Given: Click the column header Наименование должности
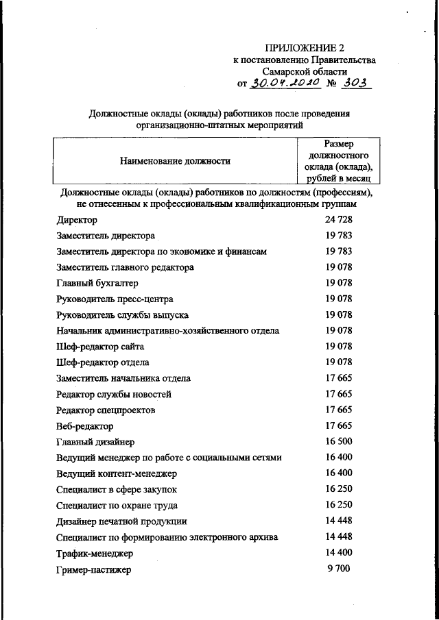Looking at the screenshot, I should pyautogui.click(x=174, y=161).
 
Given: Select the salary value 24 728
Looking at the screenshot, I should pyautogui.click(x=338, y=219).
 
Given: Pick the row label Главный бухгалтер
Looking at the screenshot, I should pyautogui.click(x=97, y=283).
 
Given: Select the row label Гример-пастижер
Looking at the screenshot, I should pyautogui.click(x=93, y=569).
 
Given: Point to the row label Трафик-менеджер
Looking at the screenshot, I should pyautogui.click(x=95, y=553).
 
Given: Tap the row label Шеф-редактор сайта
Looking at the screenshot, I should pyautogui.click(x=100, y=347).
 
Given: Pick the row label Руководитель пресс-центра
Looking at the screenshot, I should pyautogui.click(x=115, y=299).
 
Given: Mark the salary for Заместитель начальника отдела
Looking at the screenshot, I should pyautogui.click(x=338, y=377).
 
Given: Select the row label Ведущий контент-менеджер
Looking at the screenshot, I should pyautogui.click(x=117, y=473).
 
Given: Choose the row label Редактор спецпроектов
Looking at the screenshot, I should pyautogui.click(x=106, y=410).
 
